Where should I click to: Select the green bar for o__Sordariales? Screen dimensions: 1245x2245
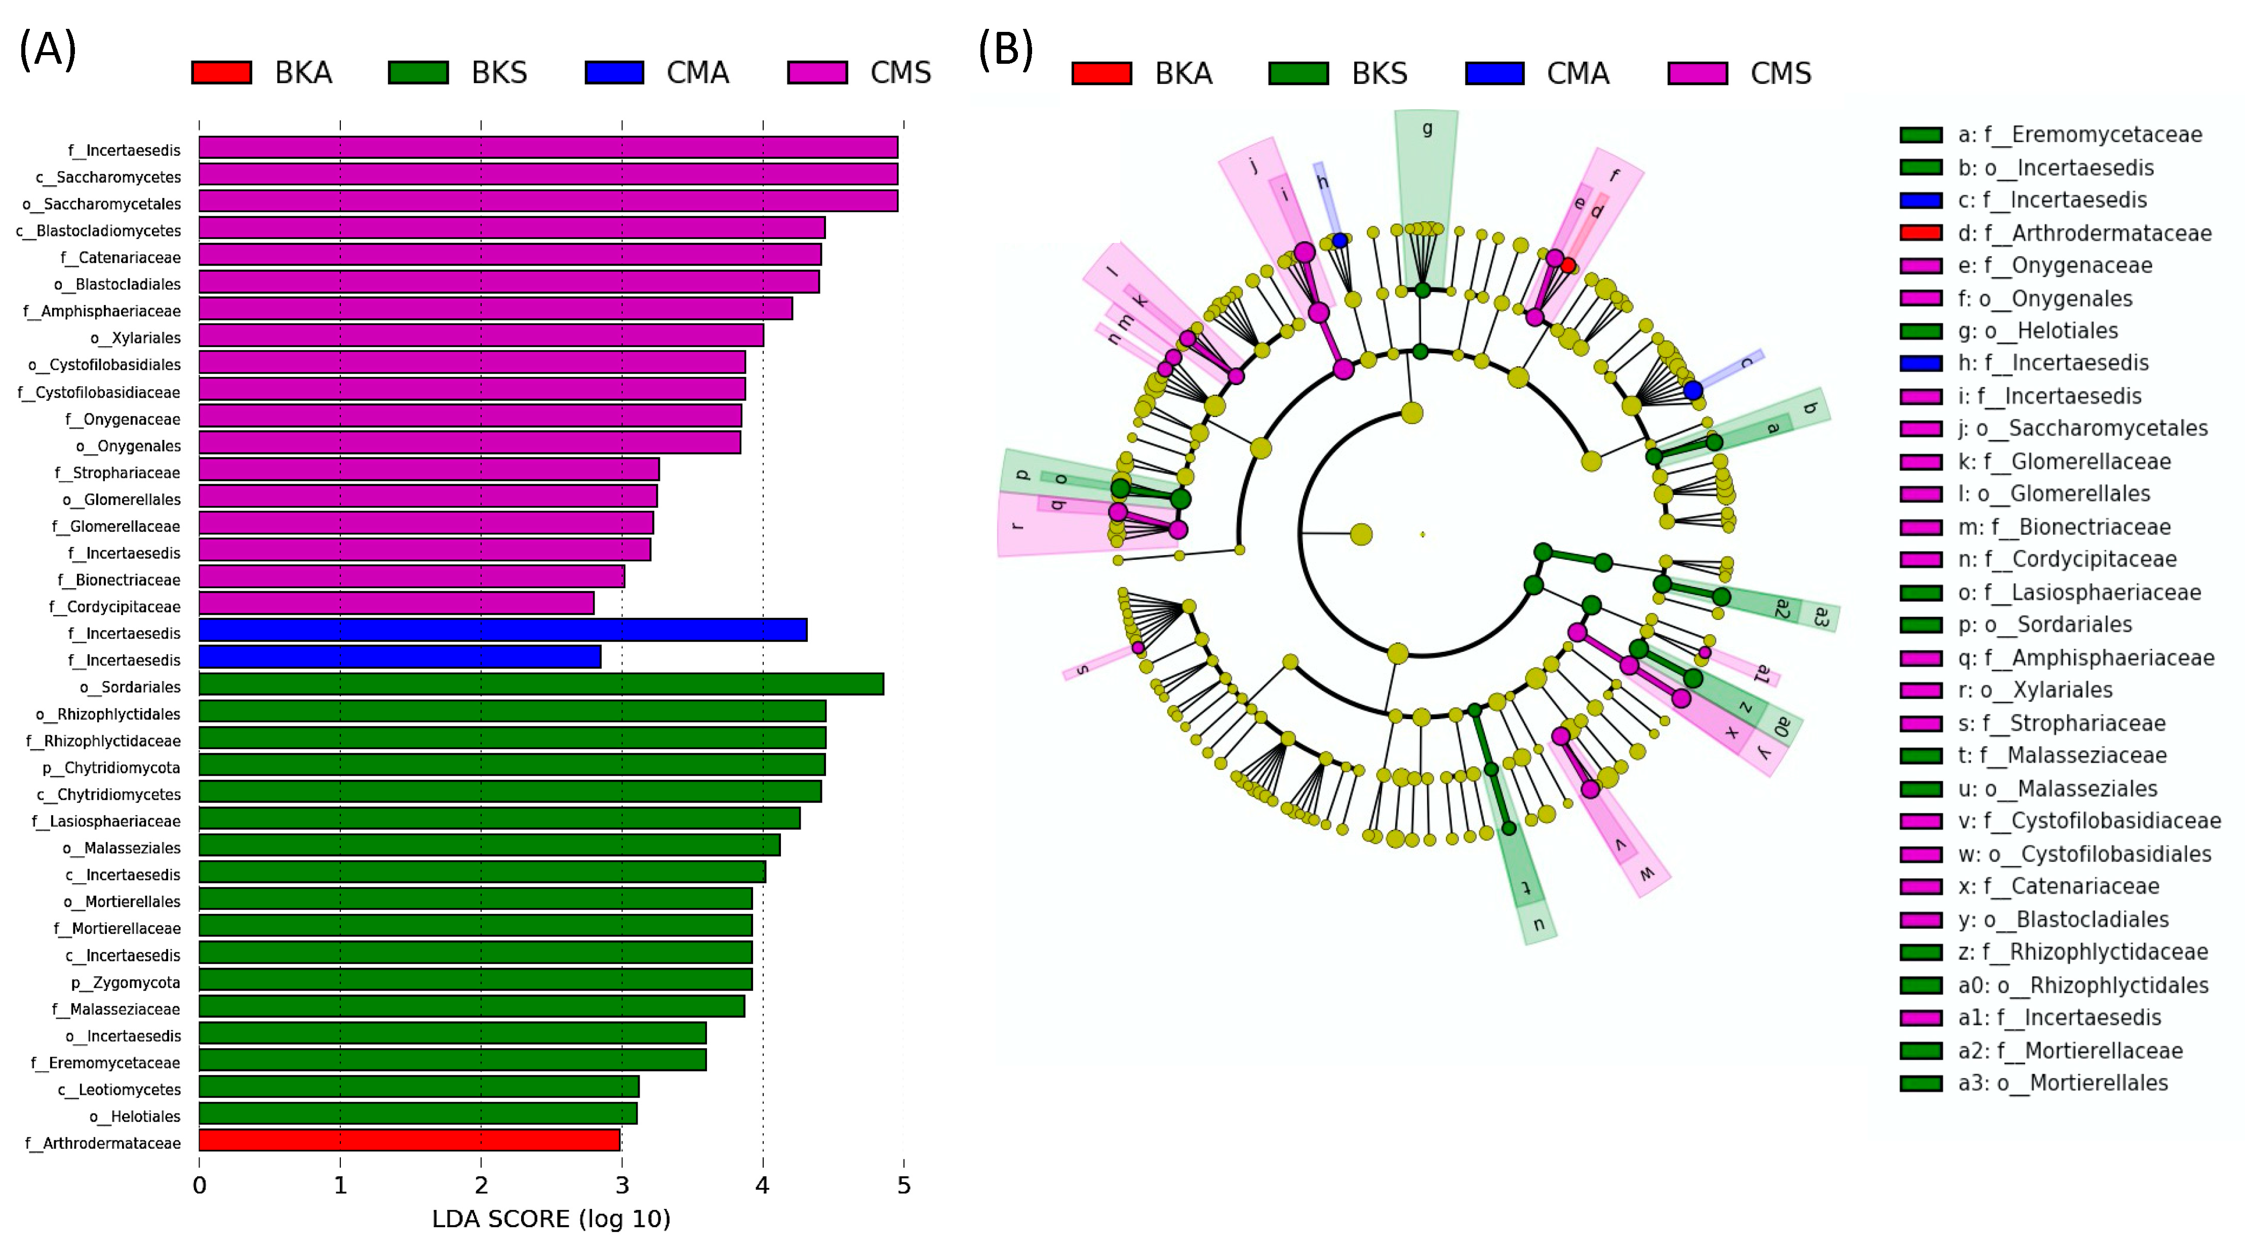(540, 685)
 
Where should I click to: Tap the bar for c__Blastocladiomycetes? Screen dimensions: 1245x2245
(511, 228)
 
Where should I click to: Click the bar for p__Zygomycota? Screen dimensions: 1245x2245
(475, 980)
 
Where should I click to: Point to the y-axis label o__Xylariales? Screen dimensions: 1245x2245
(136, 338)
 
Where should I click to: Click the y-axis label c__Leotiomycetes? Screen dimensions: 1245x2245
(120, 1090)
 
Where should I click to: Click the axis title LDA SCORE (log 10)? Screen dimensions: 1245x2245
(551, 1219)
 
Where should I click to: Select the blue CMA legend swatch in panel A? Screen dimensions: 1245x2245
(614, 72)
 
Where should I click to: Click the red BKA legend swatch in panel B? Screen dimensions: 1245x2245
(1101, 73)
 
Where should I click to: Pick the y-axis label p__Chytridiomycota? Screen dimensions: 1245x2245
(111, 768)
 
